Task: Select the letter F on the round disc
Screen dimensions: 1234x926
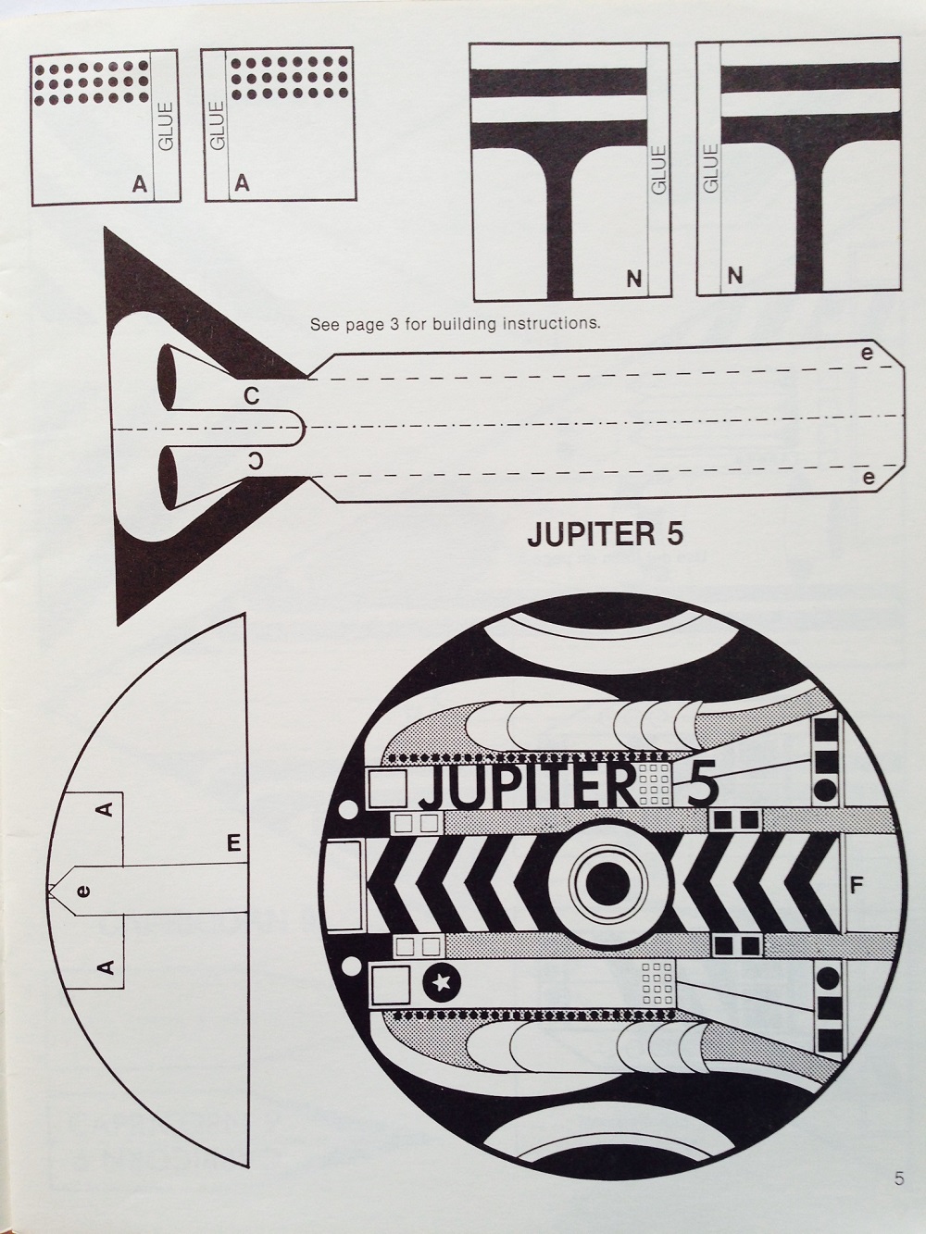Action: [x=857, y=886]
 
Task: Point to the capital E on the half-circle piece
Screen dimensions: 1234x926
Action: [x=233, y=842]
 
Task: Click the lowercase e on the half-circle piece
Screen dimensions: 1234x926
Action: [x=83, y=891]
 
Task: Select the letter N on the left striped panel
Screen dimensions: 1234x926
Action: [x=634, y=277]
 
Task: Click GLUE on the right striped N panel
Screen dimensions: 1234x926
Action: [x=711, y=168]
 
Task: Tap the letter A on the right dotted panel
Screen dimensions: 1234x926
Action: [x=242, y=184]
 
